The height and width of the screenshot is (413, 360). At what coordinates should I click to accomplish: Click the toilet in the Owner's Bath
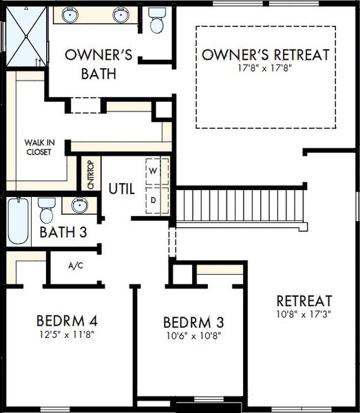(x=157, y=20)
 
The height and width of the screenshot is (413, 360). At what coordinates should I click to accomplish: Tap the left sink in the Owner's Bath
(x=70, y=14)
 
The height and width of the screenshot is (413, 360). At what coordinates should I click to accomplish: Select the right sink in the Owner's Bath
(x=121, y=14)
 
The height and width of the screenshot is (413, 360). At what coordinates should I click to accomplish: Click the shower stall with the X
(x=26, y=36)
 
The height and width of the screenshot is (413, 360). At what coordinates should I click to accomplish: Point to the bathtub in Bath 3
(x=18, y=221)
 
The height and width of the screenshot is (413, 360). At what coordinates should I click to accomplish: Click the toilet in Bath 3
(x=46, y=211)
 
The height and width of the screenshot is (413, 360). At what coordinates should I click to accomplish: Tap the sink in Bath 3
(x=80, y=205)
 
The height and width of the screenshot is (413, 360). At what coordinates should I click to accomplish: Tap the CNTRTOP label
(x=91, y=175)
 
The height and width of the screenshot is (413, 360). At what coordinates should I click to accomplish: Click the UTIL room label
(x=122, y=189)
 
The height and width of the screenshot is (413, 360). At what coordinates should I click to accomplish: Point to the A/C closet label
(x=76, y=266)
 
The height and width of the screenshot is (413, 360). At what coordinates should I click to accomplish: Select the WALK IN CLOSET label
(x=39, y=147)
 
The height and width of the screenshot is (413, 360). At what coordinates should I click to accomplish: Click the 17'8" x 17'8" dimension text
(x=265, y=68)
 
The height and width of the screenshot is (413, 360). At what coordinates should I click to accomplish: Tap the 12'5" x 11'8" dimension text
(x=67, y=335)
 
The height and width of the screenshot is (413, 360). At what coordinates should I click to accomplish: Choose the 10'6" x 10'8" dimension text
(x=193, y=336)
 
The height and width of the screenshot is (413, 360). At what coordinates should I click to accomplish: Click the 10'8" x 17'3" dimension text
(x=304, y=314)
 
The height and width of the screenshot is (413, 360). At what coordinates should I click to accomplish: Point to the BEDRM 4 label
(x=67, y=321)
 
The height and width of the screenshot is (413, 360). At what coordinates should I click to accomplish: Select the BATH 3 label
(x=63, y=232)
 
